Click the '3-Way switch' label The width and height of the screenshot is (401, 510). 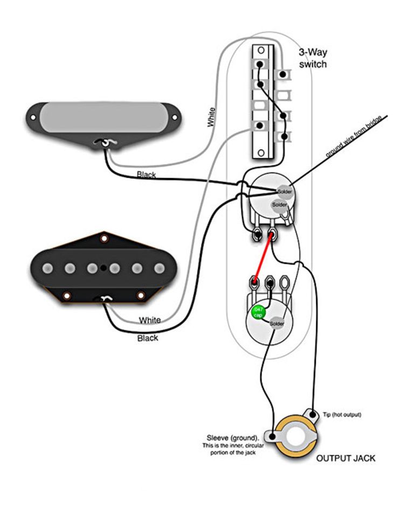click(313, 58)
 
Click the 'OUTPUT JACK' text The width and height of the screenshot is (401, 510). click(345, 458)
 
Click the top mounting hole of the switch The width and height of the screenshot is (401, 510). click(261, 51)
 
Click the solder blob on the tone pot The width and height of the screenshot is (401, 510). click(276, 323)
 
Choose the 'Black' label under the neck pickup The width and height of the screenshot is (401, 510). click(147, 175)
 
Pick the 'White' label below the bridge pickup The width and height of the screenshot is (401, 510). click(150, 320)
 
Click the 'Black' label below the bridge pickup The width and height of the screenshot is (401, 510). click(148, 338)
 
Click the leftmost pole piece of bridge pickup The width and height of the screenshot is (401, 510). click(47, 268)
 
